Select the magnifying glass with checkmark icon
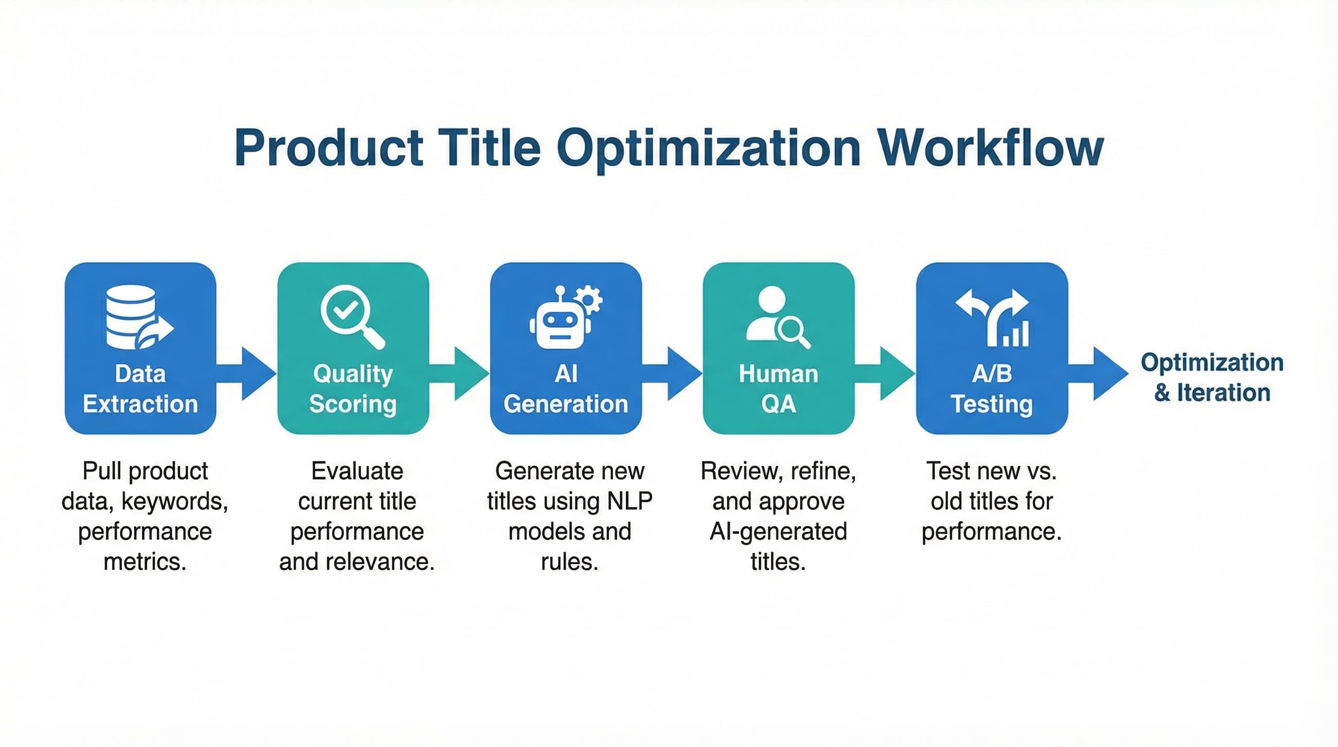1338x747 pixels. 351,315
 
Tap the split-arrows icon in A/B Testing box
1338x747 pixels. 992,317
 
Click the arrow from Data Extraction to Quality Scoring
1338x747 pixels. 249,373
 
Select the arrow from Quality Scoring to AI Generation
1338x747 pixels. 462,373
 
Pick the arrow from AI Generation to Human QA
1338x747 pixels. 675,373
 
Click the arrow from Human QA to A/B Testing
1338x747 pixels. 888,373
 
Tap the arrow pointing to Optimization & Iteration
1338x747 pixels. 1101,373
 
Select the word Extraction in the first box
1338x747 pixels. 140,404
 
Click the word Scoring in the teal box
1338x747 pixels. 352,404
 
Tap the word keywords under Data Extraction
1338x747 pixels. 175,501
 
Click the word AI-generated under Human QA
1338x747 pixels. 778,532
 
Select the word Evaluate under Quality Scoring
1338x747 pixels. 357,471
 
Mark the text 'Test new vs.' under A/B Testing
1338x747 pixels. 991,471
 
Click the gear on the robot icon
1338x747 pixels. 590,299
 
